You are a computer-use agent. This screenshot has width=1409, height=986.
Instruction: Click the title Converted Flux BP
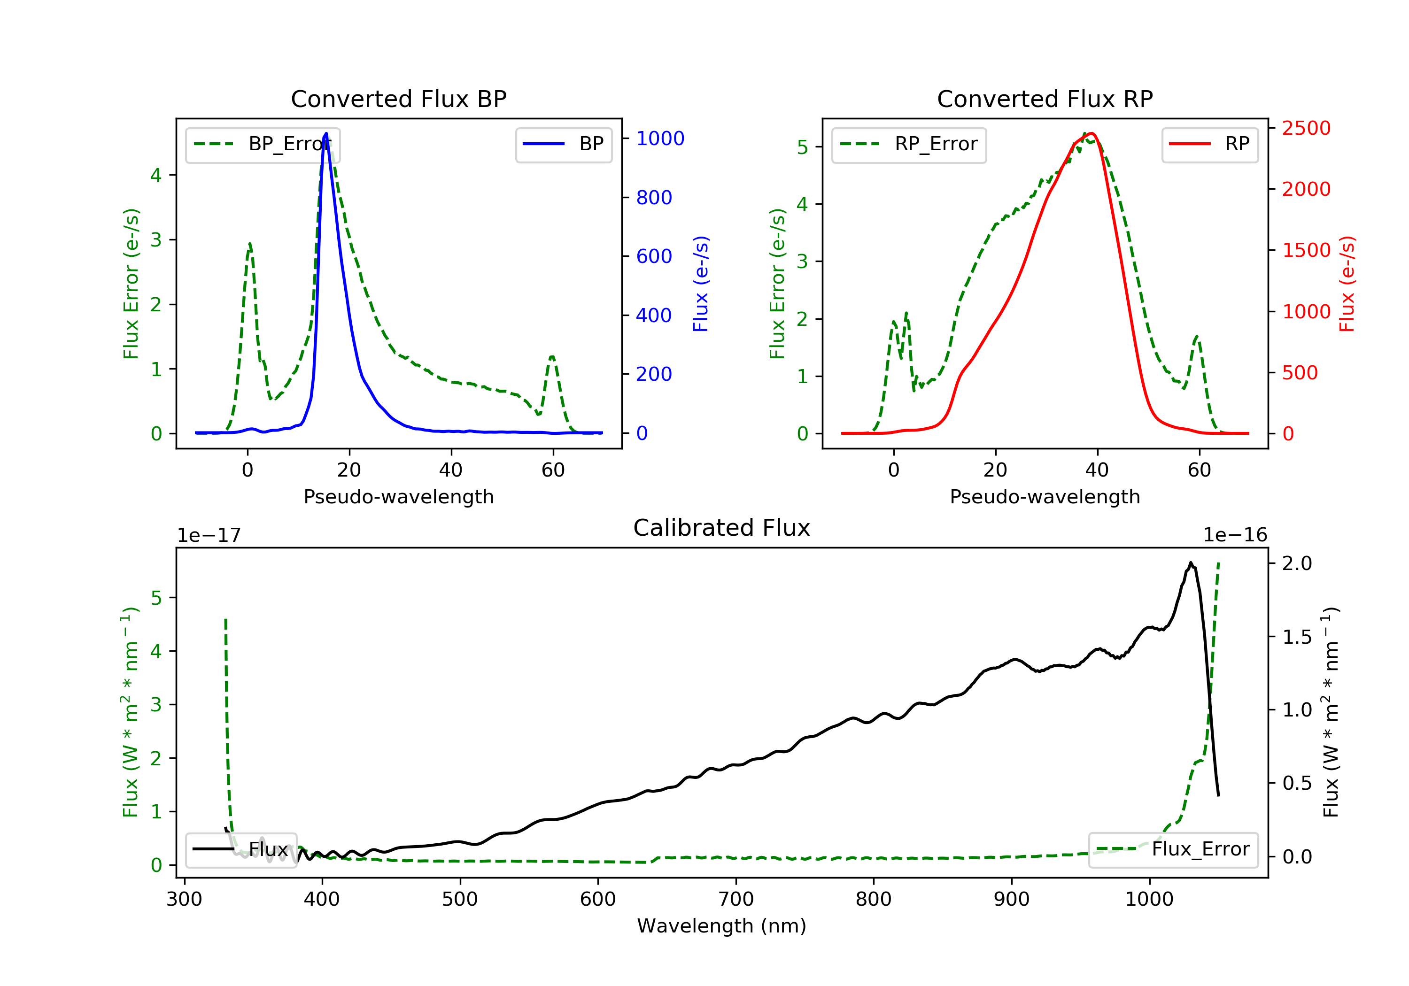tap(398, 99)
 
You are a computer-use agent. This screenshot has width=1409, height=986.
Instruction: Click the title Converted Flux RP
tap(1045, 99)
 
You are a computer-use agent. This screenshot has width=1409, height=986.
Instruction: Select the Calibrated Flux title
tap(722, 528)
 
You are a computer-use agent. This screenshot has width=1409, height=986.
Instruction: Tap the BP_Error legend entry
tap(262, 144)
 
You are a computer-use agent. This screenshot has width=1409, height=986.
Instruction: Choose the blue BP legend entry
tap(563, 144)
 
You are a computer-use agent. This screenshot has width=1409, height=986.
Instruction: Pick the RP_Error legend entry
tap(908, 144)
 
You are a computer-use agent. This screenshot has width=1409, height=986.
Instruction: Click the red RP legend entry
tap(1209, 144)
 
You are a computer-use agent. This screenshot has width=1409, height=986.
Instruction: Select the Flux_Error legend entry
tap(1173, 849)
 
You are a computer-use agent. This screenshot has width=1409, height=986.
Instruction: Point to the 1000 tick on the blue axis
tap(660, 139)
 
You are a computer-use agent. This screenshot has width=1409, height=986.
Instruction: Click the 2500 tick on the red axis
tap(1306, 128)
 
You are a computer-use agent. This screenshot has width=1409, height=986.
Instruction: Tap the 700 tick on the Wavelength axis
tap(736, 900)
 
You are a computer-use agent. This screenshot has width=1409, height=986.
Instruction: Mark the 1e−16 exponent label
tap(1235, 535)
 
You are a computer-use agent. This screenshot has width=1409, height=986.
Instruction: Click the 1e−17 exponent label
tap(209, 535)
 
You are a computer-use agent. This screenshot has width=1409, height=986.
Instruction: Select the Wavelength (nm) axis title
tap(722, 926)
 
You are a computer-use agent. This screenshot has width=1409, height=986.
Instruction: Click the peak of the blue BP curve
tap(326, 133)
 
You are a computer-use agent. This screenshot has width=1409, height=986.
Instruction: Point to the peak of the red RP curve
tap(1093, 133)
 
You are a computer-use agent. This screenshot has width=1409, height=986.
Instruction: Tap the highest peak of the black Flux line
tap(1191, 562)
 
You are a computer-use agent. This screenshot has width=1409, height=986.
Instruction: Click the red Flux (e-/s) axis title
tap(1347, 284)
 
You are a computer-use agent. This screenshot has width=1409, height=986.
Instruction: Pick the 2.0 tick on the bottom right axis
tap(1297, 563)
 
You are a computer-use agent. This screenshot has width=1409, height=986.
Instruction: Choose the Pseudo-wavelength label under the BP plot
tap(399, 497)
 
